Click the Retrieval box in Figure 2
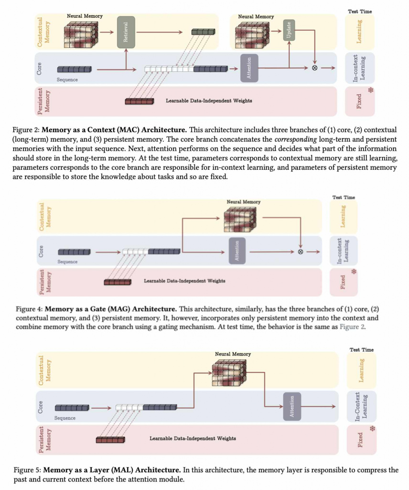pos(126,32)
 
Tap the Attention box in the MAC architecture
pos(249,68)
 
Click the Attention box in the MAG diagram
pos(237,250)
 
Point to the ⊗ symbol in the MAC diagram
pos(315,68)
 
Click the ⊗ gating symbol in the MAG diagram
pos(301,252)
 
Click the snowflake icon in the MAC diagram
pos(369,90)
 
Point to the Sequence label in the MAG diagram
pos(67,262)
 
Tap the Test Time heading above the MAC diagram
pos(361,11)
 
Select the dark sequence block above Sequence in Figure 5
pos(72,408)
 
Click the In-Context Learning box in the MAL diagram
pos(361,406)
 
